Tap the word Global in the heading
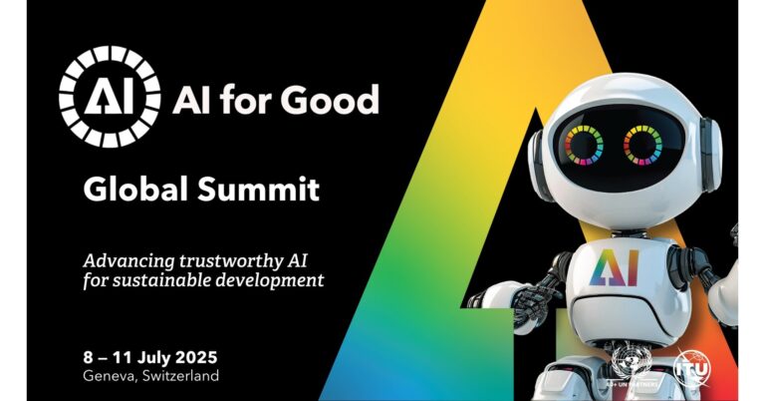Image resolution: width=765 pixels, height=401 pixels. pyautogui.click(x=133, y=188)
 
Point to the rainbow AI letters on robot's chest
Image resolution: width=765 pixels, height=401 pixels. pyautogui.click(x=617, y=269)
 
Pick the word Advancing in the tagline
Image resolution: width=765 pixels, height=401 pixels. pyautogui.click(x=125, y=258)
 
